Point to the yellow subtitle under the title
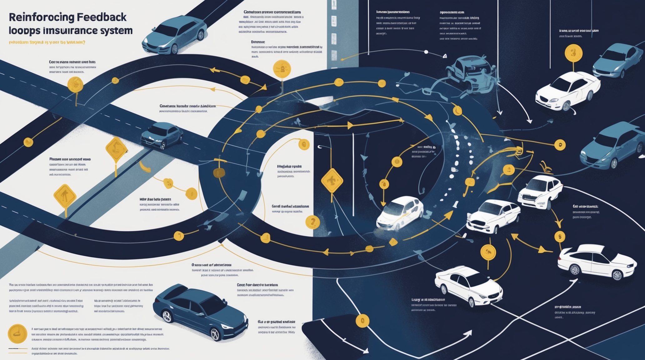point(47,42)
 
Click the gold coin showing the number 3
point(573,53)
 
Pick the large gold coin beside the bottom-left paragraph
point(17,334)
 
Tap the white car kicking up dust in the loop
point(400,213)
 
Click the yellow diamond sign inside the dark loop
point(332,181)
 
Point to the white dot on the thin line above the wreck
point(426,52)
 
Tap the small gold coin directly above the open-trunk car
point(559,237)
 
